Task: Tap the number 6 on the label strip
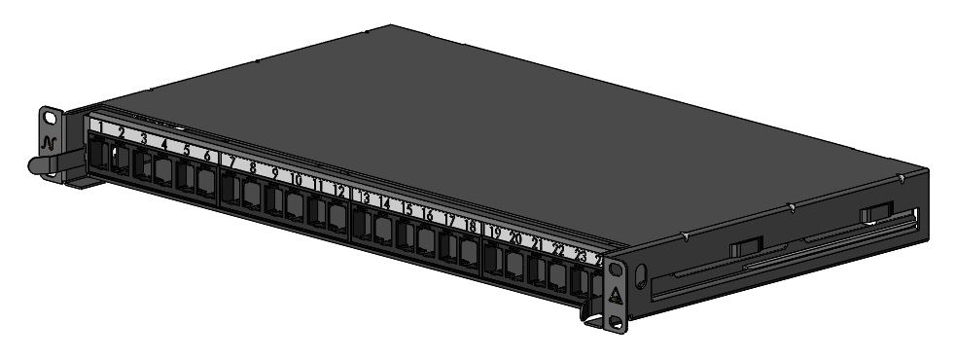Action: pos(206,155)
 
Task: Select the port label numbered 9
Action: pos(274,173)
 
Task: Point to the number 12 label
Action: pos(339,192)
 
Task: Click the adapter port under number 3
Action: pos(142,165)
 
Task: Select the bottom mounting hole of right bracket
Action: pos(614,319)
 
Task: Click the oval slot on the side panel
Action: pos(640,275)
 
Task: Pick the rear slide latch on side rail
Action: pos(875,212)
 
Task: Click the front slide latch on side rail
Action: pos(746,248)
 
